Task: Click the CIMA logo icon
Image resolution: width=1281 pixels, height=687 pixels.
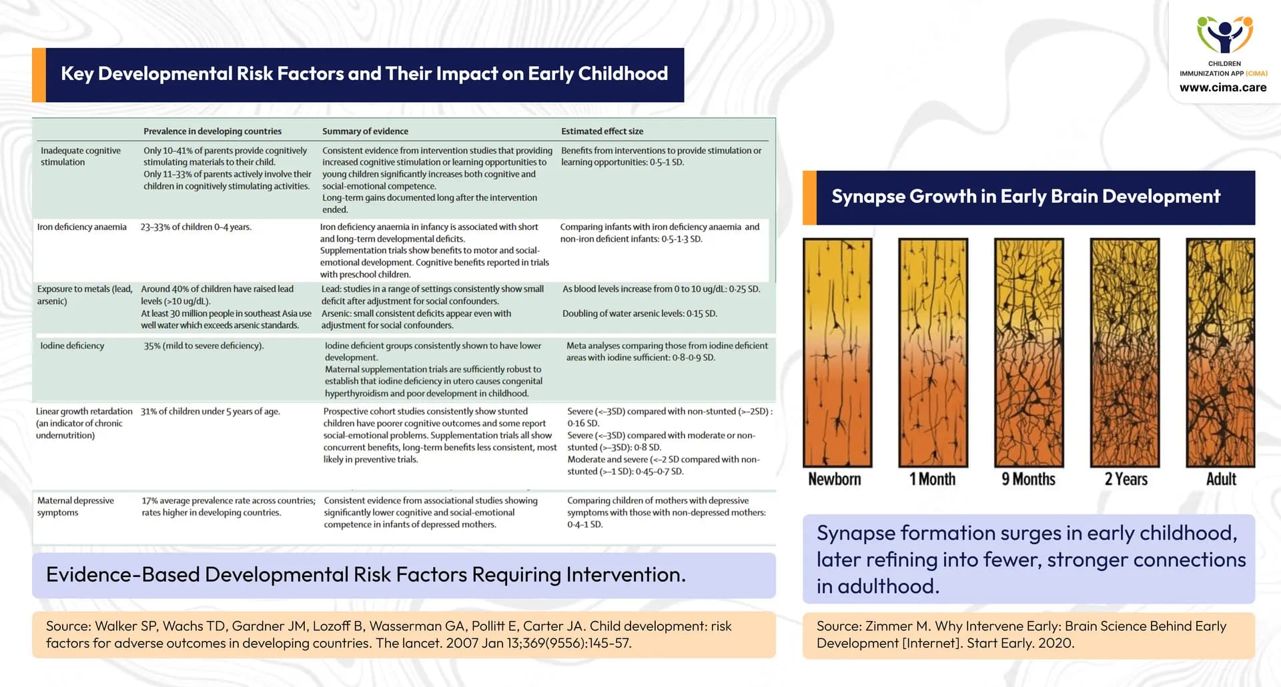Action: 1224,35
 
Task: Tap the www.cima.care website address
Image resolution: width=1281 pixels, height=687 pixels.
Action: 1222,87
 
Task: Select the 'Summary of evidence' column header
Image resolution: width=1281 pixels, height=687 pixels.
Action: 365,131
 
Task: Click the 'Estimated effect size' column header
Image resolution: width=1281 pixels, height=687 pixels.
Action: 602,131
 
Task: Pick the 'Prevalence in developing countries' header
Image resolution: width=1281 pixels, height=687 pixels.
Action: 212,131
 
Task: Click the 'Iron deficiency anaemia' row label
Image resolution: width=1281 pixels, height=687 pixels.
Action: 81,227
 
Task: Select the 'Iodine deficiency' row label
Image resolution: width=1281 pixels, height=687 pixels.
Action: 72,346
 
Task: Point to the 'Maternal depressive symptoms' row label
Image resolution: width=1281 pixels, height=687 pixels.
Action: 75,506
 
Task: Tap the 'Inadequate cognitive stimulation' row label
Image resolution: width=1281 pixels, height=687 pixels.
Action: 80,156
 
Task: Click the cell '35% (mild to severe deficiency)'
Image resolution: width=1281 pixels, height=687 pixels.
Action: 203,346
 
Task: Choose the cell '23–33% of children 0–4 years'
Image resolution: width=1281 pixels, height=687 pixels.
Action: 195,227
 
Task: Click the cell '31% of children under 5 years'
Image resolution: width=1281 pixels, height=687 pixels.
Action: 209,412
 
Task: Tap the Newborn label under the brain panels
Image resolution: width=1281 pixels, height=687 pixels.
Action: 834,479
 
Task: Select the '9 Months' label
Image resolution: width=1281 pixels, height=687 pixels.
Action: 1028,479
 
